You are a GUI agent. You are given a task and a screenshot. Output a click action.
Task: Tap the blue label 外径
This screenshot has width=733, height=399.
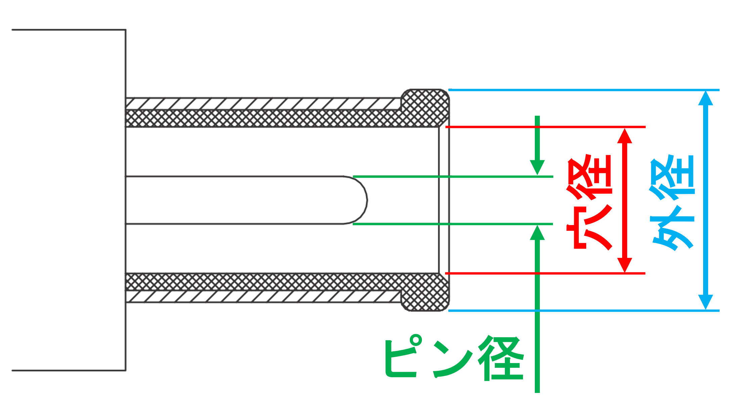coord(672,203)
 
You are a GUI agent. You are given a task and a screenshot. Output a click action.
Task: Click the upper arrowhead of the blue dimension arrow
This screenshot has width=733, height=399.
coord(705,98)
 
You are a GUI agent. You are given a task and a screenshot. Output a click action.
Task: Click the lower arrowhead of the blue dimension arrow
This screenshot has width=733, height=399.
coord(705,302)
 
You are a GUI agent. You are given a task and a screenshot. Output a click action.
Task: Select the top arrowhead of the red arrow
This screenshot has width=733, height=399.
coord(625,136)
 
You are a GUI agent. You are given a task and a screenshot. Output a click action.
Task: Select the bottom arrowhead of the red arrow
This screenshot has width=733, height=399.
coord(625,265)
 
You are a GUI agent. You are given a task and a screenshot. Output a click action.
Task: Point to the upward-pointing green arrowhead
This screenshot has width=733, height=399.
coord(537,232)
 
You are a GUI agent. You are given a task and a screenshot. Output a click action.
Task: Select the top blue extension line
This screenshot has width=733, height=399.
coord(584,90)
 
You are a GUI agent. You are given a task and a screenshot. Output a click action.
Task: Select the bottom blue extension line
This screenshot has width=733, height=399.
coord(584,311)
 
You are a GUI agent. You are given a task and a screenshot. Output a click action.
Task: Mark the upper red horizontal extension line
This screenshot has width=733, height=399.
coord(545,127)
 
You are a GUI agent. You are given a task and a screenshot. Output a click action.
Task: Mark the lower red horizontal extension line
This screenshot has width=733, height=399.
coord(545,273)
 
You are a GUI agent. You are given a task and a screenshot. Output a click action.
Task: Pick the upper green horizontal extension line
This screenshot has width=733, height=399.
coord(453,176)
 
